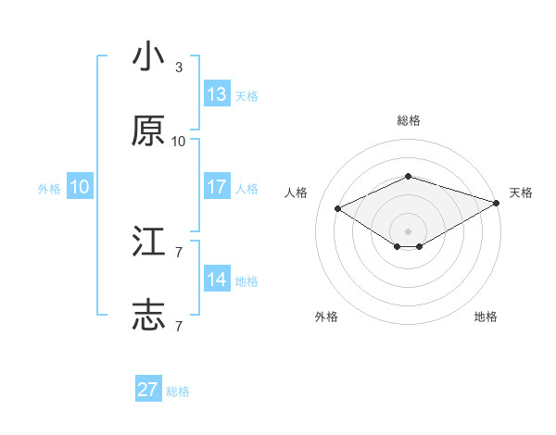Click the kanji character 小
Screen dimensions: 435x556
(148, 57)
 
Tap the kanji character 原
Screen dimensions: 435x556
(148, 131)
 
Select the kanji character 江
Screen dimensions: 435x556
(148, 242)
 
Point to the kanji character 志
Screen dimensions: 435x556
(148, 317)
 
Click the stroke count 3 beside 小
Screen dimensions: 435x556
(179, 68)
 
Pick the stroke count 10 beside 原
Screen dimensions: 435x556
(179, 142)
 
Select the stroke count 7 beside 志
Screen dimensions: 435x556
(179, 327)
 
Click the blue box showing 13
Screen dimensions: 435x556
(217, 94)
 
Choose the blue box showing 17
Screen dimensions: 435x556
(217, 187)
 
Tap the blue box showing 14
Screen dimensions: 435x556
(217, 280)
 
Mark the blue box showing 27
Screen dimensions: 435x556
(148, 390)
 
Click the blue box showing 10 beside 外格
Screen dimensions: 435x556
(80, 187)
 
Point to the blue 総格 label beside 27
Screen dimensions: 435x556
(178, 391)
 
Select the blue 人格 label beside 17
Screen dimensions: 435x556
(246, 189)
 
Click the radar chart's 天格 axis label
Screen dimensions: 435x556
(521, 193)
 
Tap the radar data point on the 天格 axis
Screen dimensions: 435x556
(498, 201)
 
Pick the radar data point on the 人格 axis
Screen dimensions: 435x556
(338, 208)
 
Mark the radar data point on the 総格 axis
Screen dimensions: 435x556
(408, 175)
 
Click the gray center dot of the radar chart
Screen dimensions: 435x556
(408, 230)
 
